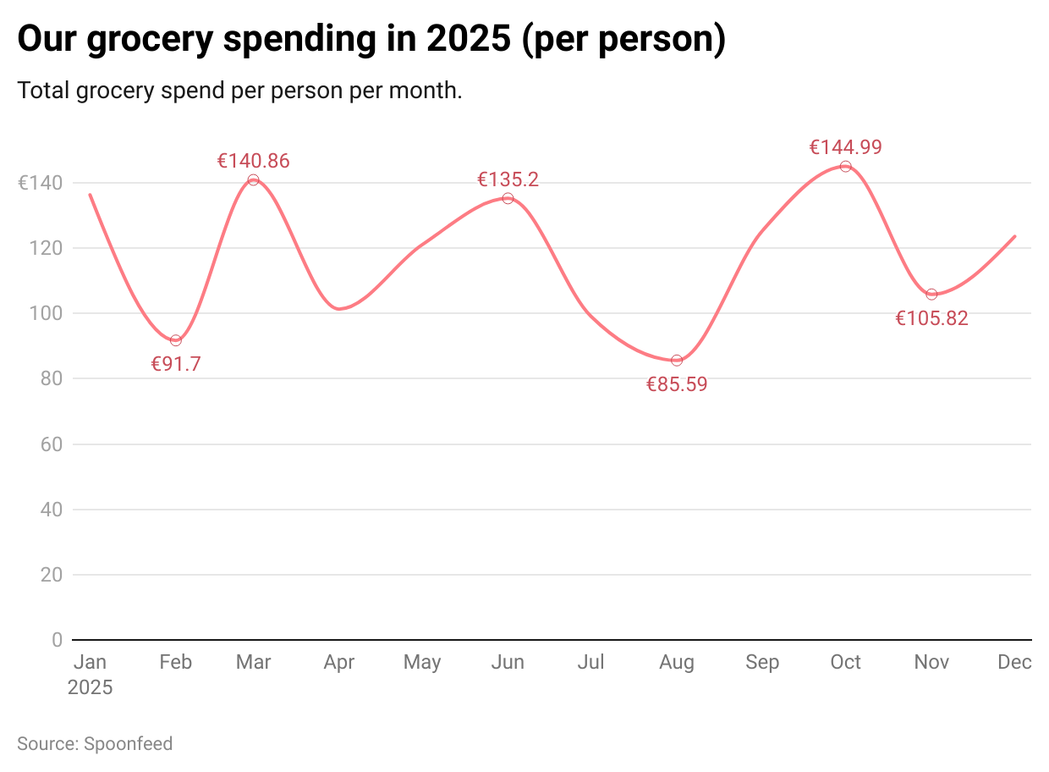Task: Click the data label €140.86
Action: point(254,161)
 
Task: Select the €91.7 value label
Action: point(176,365)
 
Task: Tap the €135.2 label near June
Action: point(508,179)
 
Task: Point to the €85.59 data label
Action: point(677,384)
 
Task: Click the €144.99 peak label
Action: point(846,147)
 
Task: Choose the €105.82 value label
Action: point(932,319)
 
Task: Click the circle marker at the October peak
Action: point(846,167)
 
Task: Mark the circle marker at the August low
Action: point(677,361)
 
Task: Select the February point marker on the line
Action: point(176,340)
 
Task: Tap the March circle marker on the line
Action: point(254,180)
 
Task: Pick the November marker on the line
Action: point(932,295)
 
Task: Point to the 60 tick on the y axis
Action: point(52,444)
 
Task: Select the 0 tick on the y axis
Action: point(58,640)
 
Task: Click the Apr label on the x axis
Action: point(339,663)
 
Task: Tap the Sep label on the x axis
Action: point(762,663)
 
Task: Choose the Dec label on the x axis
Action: point(1014,663)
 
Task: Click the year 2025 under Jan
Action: point(90,687)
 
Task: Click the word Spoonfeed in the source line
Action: point(129,744)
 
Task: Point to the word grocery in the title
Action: point(118,91)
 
